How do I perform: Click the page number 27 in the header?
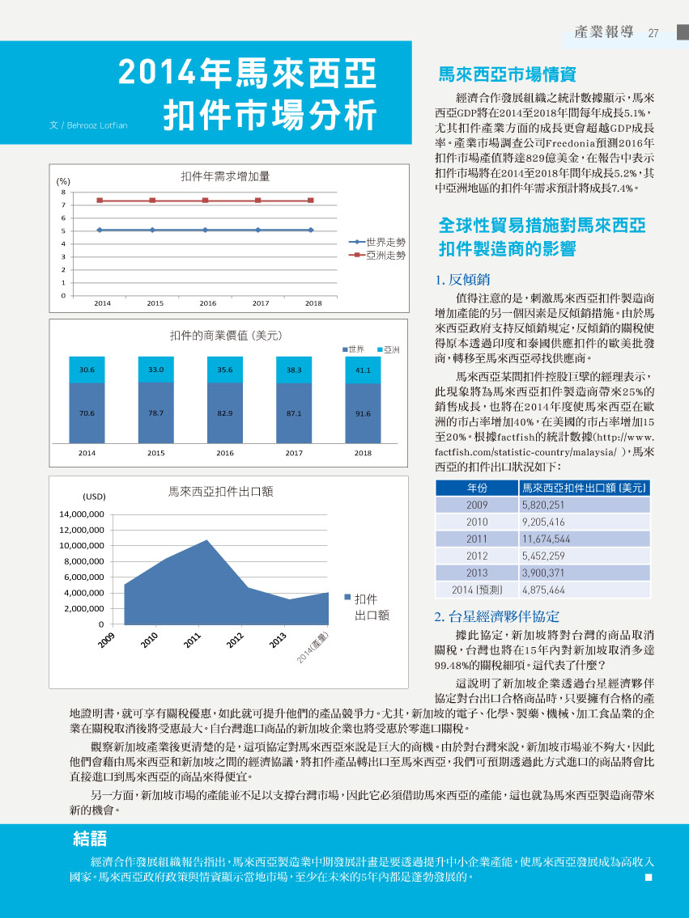[653, 33]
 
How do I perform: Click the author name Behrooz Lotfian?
[96, 125]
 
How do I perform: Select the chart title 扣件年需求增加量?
[226, 176]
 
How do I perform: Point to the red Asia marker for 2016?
[205, 201]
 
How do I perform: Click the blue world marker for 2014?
[100, 230]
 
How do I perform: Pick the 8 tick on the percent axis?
[63, 192]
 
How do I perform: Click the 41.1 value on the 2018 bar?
[363, 370]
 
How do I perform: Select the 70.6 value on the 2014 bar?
[87, 413]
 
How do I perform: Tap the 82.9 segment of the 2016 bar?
[225, 412]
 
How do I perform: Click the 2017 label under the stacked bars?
[294, 453]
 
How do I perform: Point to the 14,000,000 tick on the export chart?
[82, 514]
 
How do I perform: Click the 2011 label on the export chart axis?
[192, 640]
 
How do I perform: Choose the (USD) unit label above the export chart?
[95, 497]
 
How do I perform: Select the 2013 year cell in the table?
[477, 573]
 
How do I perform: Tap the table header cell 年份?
[477, 488]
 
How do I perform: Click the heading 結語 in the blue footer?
[90, 839]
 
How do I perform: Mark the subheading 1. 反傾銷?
[462, 279]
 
